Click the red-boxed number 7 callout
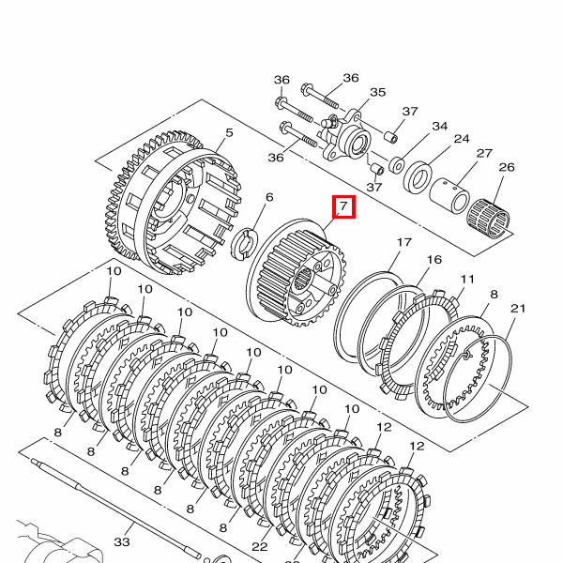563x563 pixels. click(x=344, y=205)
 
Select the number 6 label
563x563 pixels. click(x=269, y=197)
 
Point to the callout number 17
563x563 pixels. click(x=403, y=243)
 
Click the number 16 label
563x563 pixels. click(x=434, y=260)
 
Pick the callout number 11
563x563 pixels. click(x=467, y=279)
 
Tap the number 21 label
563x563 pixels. click(x=518, y=309)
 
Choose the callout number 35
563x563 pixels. click(x=378, y=92)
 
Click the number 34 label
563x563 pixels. click(x=440, y=126)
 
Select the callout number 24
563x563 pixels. click(x=462, y=139)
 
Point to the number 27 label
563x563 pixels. click(x=484, y=153)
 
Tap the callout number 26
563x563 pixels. click(x=507, y=168)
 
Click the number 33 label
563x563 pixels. click(x=122, y=542)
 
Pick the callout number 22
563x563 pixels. click(x=260, y=546)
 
